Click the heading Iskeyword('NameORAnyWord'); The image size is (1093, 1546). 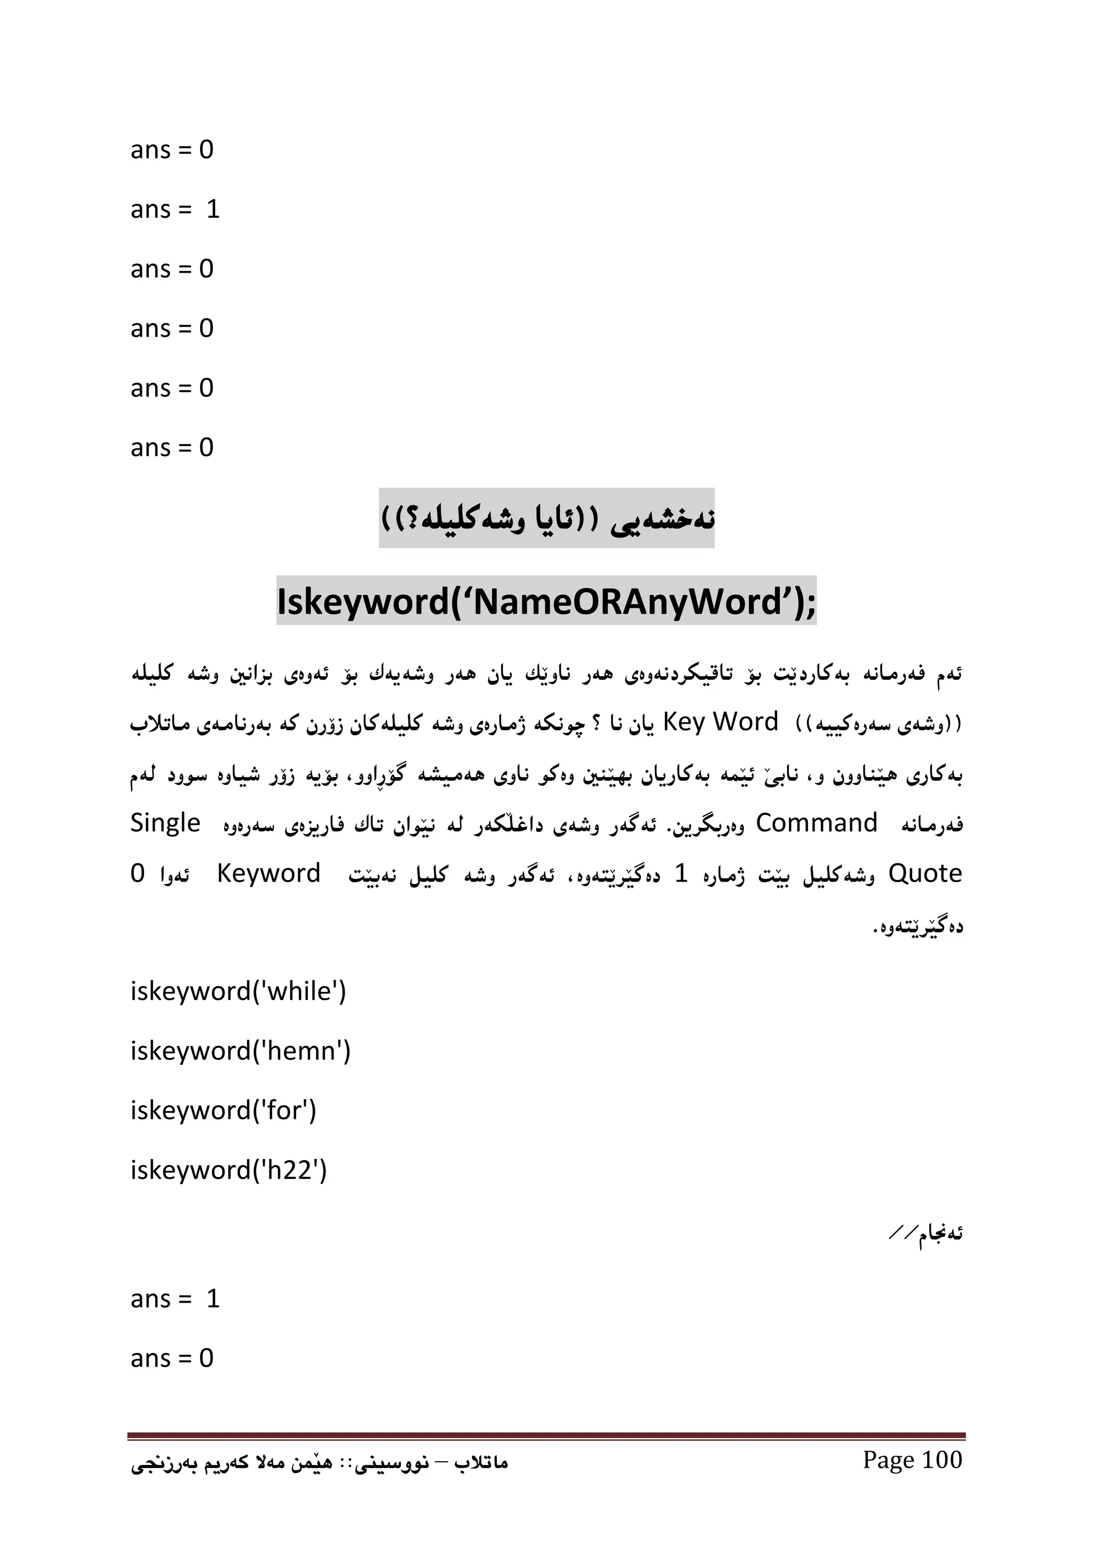tap(546, 601)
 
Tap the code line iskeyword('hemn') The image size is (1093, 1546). tap(240, 1051)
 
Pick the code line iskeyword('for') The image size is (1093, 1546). tap(223, 1111)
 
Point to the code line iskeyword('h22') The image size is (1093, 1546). tap(228, 1170)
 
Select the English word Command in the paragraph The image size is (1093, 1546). tap(816, 823)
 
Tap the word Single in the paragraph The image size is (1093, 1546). tap(165, 823)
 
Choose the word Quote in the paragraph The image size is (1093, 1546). tap(925, 874)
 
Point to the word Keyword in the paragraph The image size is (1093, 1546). tap(268, 874)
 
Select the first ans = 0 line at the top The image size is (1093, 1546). tap(172, 149)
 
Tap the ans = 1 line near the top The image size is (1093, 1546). tap(175, 209)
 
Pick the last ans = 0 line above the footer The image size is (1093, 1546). tap(172, 1358)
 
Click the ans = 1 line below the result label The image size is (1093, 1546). tap(175, 1299)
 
